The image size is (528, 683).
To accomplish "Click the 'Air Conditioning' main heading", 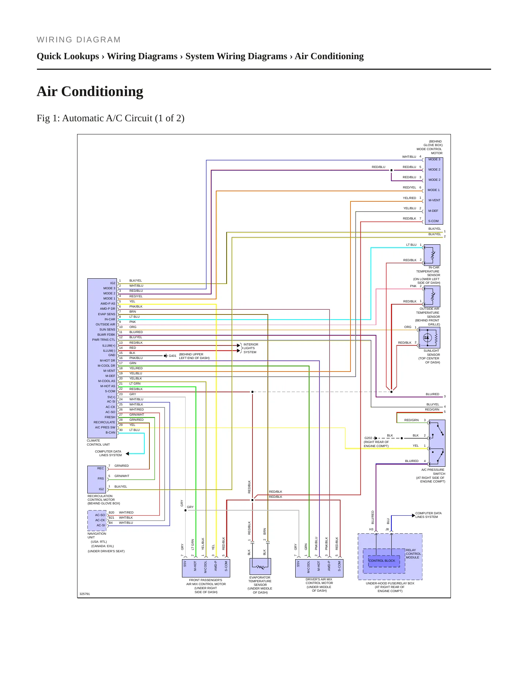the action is tap(90, 91).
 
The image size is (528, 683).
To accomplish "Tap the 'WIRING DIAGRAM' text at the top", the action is tap(79, 40).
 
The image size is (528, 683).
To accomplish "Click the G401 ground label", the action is tap(172, 356).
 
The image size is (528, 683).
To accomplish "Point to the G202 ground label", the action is tap(368, 438).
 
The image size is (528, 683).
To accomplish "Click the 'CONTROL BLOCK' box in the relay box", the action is tap(381, 561).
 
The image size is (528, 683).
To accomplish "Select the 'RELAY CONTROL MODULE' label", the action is tap(413, 554).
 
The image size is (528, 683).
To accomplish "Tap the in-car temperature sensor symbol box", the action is tap(432, 255).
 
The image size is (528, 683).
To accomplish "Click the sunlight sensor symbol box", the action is tap(429, 337).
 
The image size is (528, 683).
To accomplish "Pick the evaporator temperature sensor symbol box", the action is tap(260, 566).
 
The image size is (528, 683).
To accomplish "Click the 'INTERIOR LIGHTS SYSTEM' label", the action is tap(251, 348).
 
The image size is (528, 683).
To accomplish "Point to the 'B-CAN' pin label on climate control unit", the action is tap(110, 432).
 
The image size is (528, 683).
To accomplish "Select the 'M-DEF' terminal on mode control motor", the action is tap(433, 211).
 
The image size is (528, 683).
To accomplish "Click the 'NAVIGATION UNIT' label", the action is tap(96, 535).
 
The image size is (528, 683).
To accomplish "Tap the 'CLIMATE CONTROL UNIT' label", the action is tap(98, 443).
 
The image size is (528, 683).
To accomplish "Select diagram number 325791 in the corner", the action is tap(85, 594).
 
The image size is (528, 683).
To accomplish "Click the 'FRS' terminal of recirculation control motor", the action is tap(100, 478).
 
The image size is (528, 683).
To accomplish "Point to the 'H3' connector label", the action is tap(371, 529).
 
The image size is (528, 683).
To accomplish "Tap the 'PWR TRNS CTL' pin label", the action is tap(103, 340).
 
